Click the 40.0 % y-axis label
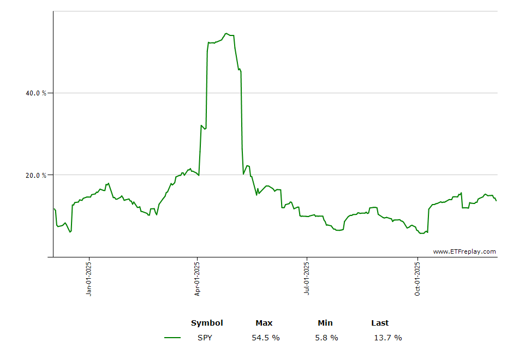(x=36, y=93)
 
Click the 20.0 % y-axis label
(x=36, y=176)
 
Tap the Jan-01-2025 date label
(x=89, y=279)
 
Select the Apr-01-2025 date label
(x=198, y=279)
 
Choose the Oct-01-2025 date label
(x=417, y=279)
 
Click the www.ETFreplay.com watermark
(x=464, y=251)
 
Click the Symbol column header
(x=207, y=323)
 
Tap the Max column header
(x=264, y=323)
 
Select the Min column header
(x=325, y=323)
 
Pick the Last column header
(x=380, y=323)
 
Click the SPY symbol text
(x=205, y=338)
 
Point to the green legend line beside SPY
(x=172, y=338)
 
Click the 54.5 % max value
(x=265, y=338)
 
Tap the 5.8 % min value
(x=326, y=338)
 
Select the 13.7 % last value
(x=387, y=338)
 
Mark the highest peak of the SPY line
(x=226, y=33)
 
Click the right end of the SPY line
(x=496, y=201)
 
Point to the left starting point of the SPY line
(x=54, y=208)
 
